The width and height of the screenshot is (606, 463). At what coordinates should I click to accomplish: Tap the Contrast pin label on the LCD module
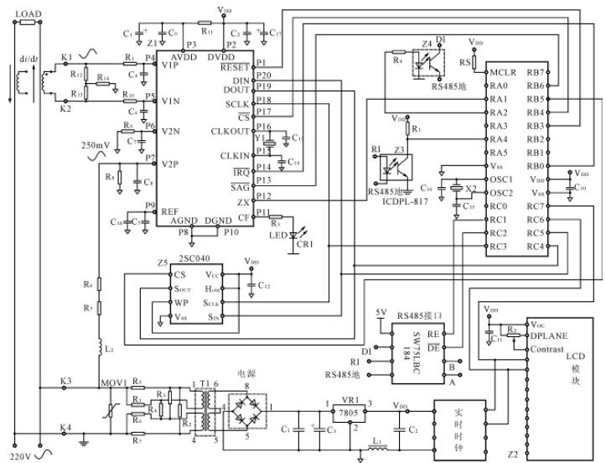549,348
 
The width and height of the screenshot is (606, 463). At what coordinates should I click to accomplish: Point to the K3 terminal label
66,382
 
